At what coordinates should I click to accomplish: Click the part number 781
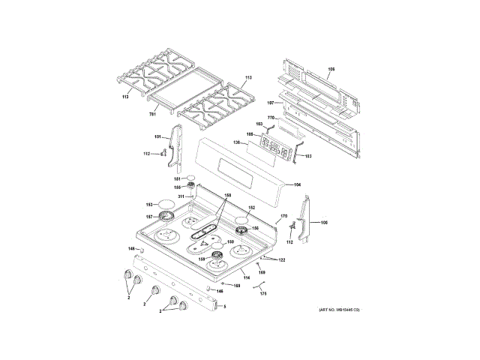click(x=151, y=114)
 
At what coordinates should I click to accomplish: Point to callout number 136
click(x=236, y=142)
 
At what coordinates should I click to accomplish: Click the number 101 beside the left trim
click(x=157, y=136)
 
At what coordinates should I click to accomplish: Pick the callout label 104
click(x=297, y=184)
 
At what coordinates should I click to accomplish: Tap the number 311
click(x=181, y=196)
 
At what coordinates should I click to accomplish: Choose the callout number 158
click(x=228, y=196)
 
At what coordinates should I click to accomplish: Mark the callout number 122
click(x=282, y=259)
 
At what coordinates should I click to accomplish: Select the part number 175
click(x=262, y=293)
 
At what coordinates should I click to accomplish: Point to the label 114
click(x=246, y=278)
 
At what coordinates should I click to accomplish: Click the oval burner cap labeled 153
click(x=168, y=203)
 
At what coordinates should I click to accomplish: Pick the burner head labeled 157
click(x=166, y=217)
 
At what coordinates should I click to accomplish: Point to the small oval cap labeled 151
click(x=190, y=178)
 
